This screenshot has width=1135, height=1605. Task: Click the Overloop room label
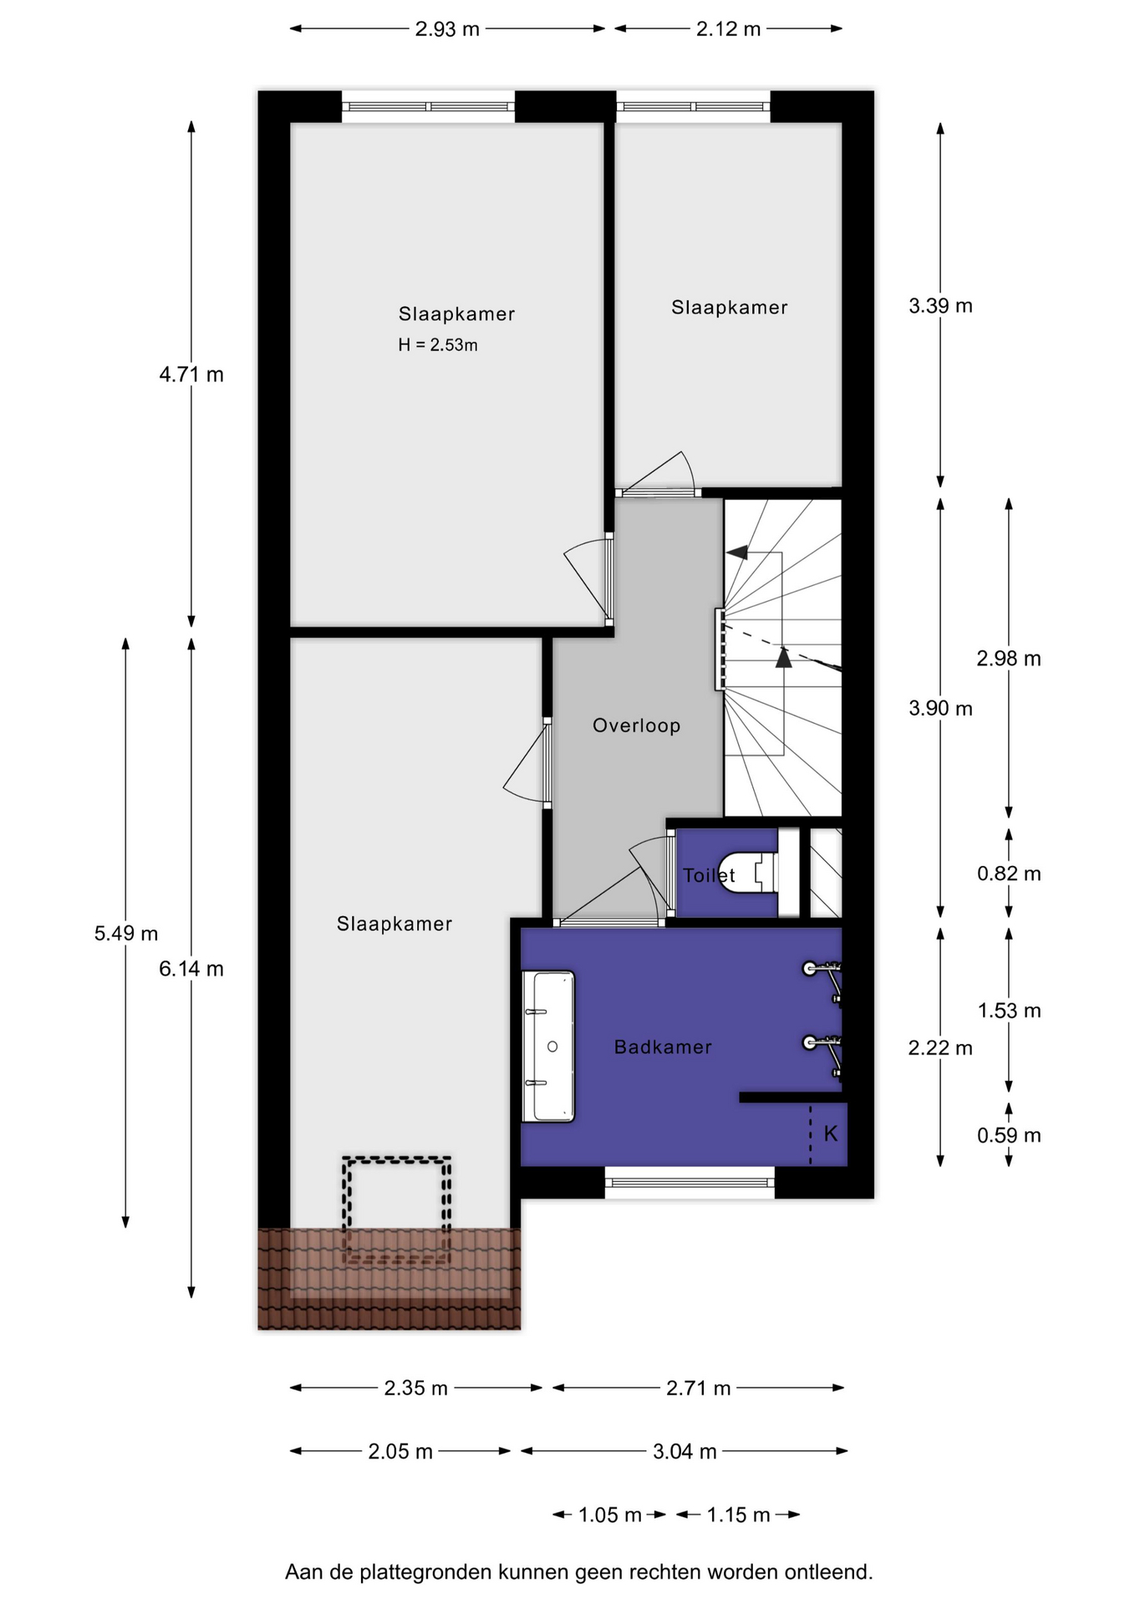coord(636,726)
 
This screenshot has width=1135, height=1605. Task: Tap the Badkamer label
coord(663,1047)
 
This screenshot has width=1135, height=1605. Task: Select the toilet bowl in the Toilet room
coord(749,873)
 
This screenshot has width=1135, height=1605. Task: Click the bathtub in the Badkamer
coord(548,1046)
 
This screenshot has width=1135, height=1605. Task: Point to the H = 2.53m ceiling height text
coord(438,344)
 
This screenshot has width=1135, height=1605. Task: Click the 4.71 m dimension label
coord(191,374)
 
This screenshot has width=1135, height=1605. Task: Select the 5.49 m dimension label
coord(126,933)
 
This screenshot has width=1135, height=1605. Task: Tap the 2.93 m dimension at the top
coord(447,29)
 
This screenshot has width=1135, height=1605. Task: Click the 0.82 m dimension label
coord(1009,874)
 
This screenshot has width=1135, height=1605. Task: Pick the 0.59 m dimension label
coord(1009,1135)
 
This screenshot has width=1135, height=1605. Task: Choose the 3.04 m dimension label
coord(685,1451)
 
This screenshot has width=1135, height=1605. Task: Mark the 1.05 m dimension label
coord(610,1515)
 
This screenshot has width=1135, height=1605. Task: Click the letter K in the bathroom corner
coord(831,1134)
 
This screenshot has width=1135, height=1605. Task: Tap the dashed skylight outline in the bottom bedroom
coord(397,1159)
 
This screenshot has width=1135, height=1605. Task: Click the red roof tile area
coord(389,1278)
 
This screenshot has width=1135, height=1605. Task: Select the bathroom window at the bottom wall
coord(690,1182)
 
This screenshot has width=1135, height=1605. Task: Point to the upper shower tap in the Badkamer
coord(822,975)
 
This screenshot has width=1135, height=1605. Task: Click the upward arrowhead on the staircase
coord(783,658)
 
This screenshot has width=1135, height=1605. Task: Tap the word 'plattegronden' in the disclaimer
coord(425,1572)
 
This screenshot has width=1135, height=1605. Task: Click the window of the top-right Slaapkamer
coord(693,106)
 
